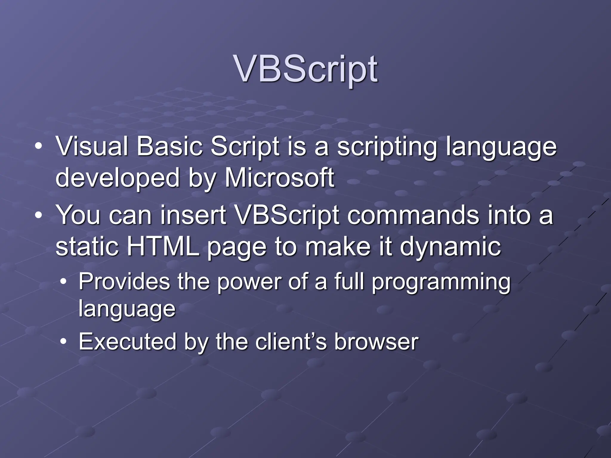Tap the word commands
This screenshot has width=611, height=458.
tap(413, 215)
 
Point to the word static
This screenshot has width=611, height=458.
tap(87, 247)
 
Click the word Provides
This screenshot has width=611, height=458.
tap(124, 282)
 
